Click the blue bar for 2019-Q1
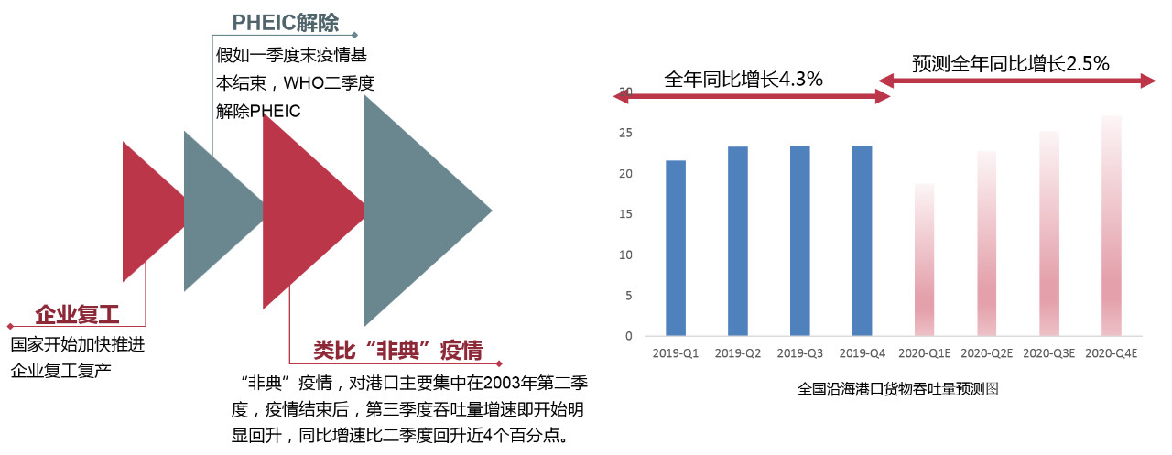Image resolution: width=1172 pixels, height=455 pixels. tap(676, 248)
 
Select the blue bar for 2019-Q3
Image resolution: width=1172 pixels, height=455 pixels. tap(800, 241)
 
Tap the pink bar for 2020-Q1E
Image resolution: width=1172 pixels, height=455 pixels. tap(924, 259)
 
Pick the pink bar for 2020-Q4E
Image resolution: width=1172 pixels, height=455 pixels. tap(1112, 225)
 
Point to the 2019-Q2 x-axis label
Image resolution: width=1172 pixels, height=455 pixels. tap(738, 353)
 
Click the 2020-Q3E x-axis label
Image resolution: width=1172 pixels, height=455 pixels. tap(1049, 353)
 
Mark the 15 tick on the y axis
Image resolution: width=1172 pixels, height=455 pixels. tap(625, 214)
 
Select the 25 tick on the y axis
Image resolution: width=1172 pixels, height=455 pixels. tap(625, 133)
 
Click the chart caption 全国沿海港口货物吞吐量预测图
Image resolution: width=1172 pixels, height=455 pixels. tap(898, 388)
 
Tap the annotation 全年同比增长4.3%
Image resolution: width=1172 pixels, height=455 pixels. tap(743, 80)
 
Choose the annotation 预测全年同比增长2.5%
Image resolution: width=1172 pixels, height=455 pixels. tap(1011, 64)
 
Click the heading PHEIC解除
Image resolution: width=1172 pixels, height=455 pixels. tap(285, 23)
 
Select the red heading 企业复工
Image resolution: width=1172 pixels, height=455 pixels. tap(78, 315)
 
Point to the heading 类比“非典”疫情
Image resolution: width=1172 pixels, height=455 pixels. tap(397, 351)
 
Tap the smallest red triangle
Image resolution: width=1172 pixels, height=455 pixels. tap(152, 211)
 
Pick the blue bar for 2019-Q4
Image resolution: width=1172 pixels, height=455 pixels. tap(863, 241)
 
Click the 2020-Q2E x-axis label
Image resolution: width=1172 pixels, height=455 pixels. tap(987, 353)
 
